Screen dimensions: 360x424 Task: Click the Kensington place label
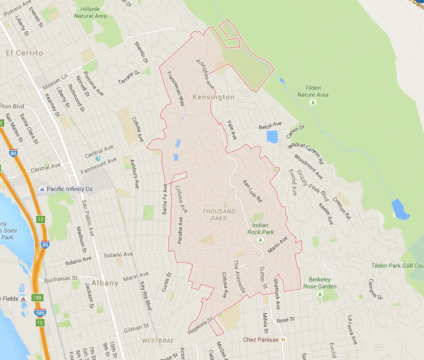(213, 97)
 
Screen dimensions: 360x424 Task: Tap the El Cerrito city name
(24, 53)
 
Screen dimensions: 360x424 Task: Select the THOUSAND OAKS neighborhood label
(219, 215)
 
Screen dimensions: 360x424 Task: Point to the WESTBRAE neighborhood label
(158, 341)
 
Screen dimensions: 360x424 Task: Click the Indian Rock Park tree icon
(261, 240)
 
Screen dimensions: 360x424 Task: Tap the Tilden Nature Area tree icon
(313, 103)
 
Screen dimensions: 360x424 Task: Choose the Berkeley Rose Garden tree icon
(320, 294)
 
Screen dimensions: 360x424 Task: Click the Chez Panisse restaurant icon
(283, 340)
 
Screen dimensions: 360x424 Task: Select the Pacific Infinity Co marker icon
(42, 189)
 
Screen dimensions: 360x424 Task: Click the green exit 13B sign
(37, 298)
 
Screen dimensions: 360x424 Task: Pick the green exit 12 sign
(40, 323)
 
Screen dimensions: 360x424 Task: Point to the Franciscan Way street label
(176, 88)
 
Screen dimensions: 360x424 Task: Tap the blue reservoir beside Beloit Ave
(272, 137)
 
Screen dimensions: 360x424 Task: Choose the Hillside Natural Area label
(90, 12)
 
